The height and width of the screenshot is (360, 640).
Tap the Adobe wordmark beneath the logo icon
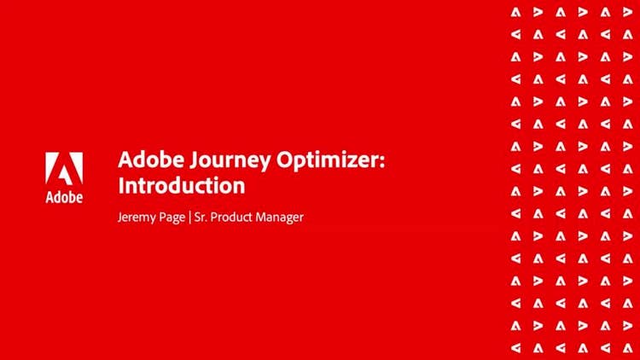tap(64, 198)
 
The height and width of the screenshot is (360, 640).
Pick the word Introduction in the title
tap(181, 184)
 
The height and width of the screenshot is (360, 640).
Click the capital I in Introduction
tap(120, 184)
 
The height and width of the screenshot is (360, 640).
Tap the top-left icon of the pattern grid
tap(515, 12)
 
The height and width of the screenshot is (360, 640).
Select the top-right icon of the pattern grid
tap(627, 12)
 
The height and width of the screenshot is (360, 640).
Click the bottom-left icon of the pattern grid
tap(515, 347)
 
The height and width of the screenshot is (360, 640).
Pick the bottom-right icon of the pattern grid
tap(627, 347)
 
